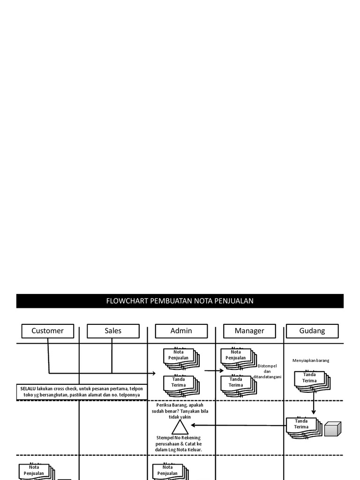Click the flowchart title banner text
tap(180, 301)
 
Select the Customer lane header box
tap(47, 331)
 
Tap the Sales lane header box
tap(113, 331)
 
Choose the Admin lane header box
tap(181, 331)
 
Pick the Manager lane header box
tap(249, 331)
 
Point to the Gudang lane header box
tap(312, 331)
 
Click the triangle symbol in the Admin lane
tap(179, 427)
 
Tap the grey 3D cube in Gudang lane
tap(333, 428)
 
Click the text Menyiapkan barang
tap(311, 360)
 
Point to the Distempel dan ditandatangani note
tap(267, 371)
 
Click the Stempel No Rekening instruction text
tap(179, 443)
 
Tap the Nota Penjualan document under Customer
tap(34, 470)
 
